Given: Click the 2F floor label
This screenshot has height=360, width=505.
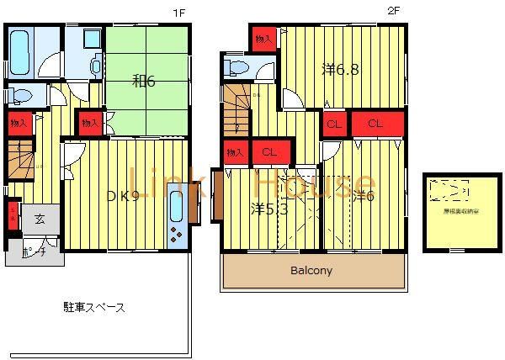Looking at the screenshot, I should (x=392, y=11).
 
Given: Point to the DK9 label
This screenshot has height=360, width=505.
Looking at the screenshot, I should (x=122, y=196).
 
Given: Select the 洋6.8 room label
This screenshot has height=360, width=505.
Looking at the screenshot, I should (x=341, y=70).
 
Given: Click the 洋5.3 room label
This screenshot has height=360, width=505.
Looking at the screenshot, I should (x=270, y=209).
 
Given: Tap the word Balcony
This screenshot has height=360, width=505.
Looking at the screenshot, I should (x=311, y=271).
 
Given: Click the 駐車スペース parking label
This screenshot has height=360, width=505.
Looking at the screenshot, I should (x=93, y=307).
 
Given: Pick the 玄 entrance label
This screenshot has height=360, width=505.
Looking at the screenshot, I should (x=40, y=219).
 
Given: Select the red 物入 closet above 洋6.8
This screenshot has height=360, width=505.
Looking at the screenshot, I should (x=263, y=39).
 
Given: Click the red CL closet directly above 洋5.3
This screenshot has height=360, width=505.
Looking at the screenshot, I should (x=269, y=152).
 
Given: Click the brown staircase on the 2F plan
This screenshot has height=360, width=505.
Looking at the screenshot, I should (x=237, y=109).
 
